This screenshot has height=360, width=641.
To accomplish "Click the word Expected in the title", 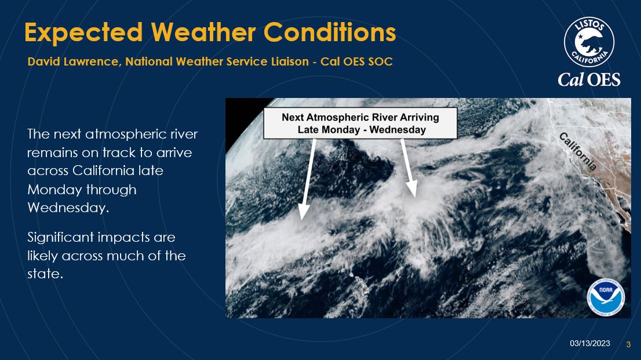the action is pos(83,32).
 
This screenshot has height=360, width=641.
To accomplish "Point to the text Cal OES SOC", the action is pos(356,61).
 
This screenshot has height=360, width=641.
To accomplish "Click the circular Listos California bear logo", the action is pos(589,42).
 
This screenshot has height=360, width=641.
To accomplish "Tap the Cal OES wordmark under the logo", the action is pos(589,79).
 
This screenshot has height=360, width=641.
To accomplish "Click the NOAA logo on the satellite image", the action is pos(606,297).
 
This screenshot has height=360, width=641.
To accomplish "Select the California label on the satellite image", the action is pos(578,151).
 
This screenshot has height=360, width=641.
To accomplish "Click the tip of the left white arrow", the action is pos(302,220).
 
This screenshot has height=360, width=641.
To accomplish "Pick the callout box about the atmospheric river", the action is pos(360,123).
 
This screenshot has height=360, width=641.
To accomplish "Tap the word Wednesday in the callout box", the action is pos(398,130).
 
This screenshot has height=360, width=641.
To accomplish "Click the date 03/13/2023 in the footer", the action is pos(590,343).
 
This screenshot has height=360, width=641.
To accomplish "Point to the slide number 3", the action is pos(628,344).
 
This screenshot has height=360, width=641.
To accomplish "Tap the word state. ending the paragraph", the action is pos(45,274).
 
